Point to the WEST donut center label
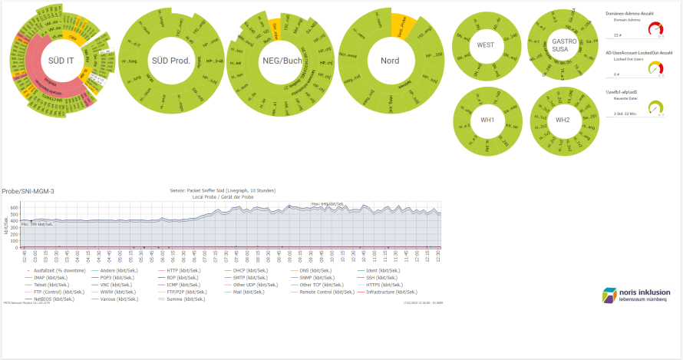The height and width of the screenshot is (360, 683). [486, 45]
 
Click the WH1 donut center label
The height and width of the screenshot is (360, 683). [486, 120]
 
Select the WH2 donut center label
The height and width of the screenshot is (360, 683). [563, 120]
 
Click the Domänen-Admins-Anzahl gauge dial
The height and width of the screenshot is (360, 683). [655, 30]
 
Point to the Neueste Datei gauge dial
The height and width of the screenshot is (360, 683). [655, 108]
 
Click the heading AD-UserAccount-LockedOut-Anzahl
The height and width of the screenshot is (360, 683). [638, 53]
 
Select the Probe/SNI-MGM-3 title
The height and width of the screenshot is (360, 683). [28, 191]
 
